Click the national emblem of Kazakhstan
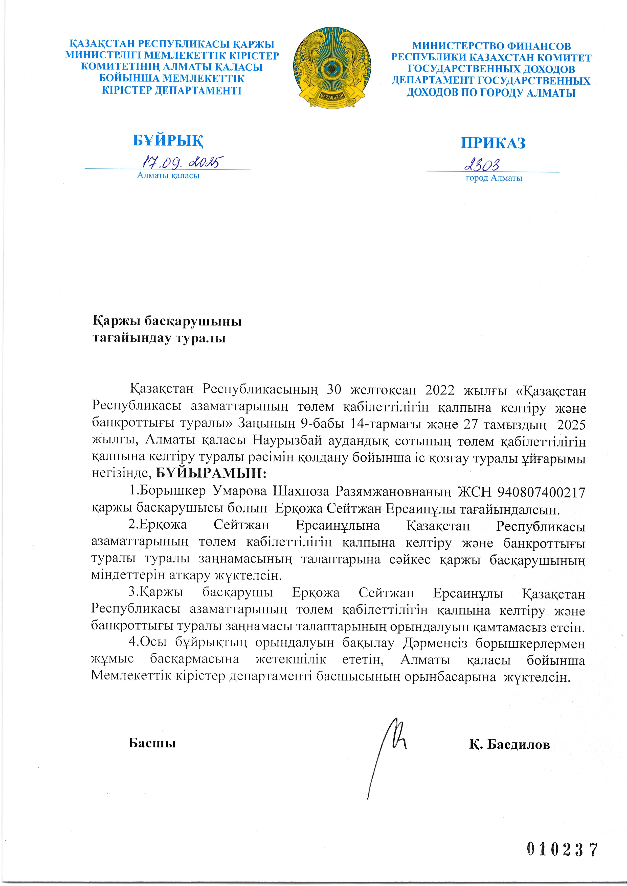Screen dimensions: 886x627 [x=332, y=67]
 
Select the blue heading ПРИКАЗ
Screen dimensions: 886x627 [x=493, y=143]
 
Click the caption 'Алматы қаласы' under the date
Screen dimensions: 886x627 [x=168, y=176]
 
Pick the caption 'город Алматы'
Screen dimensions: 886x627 [x=494, y=178]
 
